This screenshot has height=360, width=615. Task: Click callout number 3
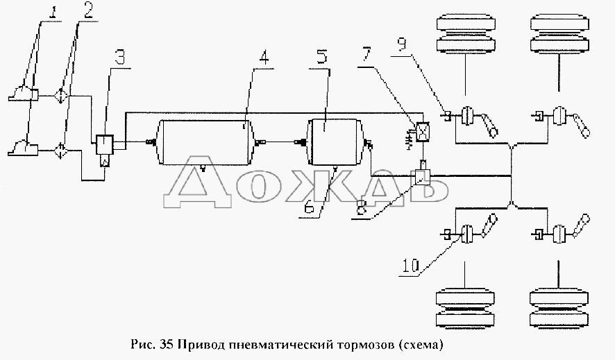120,56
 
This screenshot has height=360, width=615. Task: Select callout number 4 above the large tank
264,57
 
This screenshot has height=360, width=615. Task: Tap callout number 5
321,56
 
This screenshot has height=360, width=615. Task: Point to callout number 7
366,54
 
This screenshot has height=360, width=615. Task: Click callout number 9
403,44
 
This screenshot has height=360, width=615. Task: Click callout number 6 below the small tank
310,207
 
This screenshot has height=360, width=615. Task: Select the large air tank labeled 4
203,143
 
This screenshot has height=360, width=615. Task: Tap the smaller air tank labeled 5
336,142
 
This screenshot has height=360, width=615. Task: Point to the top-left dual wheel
465,34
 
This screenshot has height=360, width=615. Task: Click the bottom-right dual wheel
559,309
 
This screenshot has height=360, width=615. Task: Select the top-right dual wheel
559,34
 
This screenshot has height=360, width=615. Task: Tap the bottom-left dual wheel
465,309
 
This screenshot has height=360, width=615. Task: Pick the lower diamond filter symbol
61,151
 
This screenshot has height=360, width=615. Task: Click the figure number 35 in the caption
166,345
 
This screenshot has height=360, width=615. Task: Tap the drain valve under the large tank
203,168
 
